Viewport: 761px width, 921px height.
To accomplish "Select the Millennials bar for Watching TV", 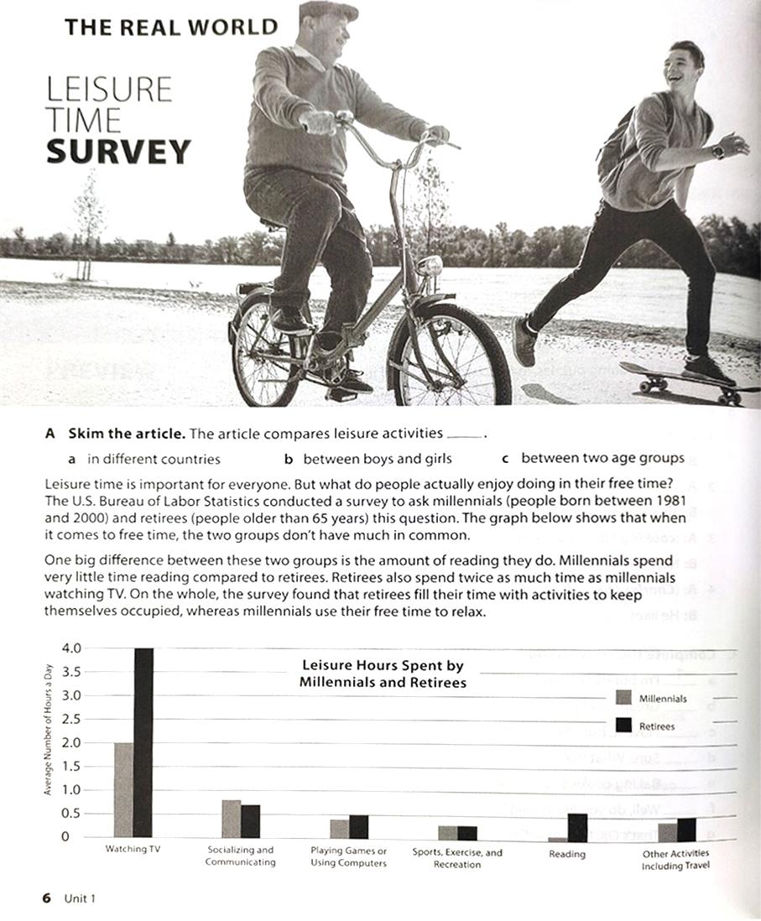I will pos(123,789).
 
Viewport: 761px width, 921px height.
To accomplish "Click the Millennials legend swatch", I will pos(623,698).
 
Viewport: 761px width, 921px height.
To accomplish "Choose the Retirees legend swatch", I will pos(623,726).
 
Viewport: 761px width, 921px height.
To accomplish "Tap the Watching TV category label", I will pos(133,849).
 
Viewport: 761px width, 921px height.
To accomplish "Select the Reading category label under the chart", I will pos(567,854).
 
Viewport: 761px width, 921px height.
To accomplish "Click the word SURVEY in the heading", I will pos(118,152).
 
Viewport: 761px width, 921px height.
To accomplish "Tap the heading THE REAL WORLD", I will pos(170,27).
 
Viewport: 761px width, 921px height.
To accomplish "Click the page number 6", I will pos(47,898).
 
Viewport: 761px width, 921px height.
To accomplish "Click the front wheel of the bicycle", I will pos(449,356).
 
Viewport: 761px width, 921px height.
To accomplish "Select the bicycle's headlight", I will pos(430,267).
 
